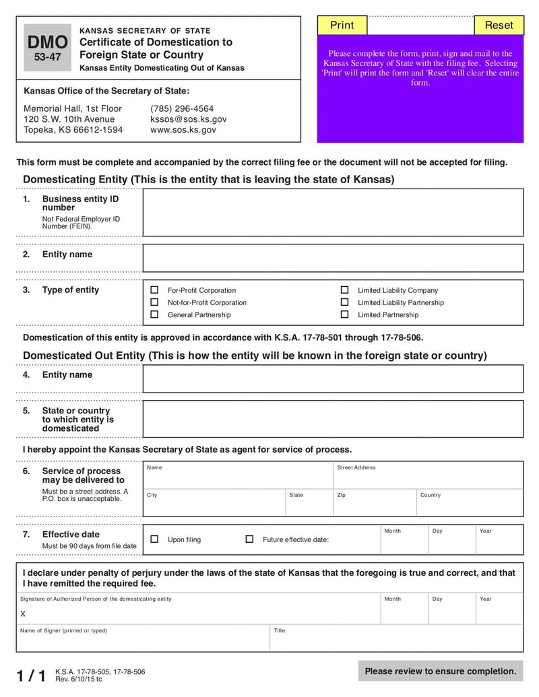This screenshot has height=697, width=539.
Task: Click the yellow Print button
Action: (342, 25)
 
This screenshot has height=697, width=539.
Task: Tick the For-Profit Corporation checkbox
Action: (154, 290)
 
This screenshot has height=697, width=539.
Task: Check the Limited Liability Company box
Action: (344, 290)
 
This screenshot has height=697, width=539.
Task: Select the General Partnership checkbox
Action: (154, 314)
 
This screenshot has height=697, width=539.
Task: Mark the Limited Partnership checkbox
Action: (344, 314)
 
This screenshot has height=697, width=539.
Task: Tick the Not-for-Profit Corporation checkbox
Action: (154, 302)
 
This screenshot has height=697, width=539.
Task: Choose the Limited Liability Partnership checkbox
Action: (344, 302)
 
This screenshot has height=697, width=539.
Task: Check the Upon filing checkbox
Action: (154, 539)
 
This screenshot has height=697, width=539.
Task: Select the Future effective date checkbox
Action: (249, 539)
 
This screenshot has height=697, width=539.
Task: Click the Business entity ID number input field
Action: (333, 213)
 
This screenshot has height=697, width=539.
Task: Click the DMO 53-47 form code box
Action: (47, 48)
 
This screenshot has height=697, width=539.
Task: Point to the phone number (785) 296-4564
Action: (182, 108)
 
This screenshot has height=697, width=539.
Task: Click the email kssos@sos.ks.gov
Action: (188, 119)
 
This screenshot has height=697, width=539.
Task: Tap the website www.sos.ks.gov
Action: (183, 130)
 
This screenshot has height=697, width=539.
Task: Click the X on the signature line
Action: (23, 614)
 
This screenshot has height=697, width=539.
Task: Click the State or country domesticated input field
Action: (333, 419)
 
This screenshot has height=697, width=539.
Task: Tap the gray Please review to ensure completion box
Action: (441, 671)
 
